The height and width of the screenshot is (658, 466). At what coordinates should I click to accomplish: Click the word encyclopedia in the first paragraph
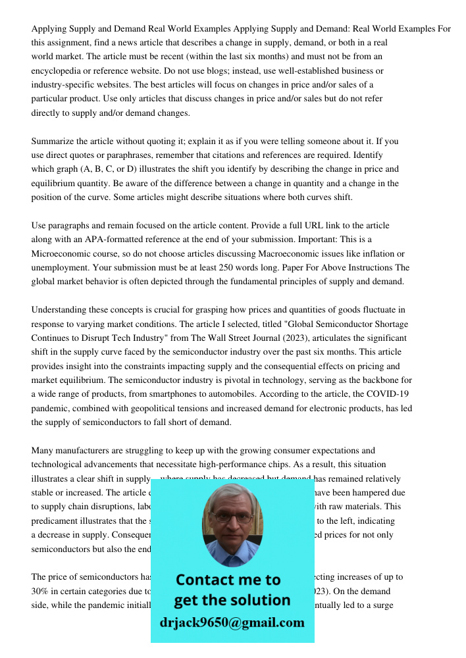click(x=59, y=70)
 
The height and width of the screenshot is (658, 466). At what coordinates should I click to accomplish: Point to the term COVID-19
click(x=393, y=394)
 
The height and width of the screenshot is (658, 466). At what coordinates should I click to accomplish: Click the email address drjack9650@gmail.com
click(x=232, y=622)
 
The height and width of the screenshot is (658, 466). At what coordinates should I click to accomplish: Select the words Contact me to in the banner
click(x=228, y=580)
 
